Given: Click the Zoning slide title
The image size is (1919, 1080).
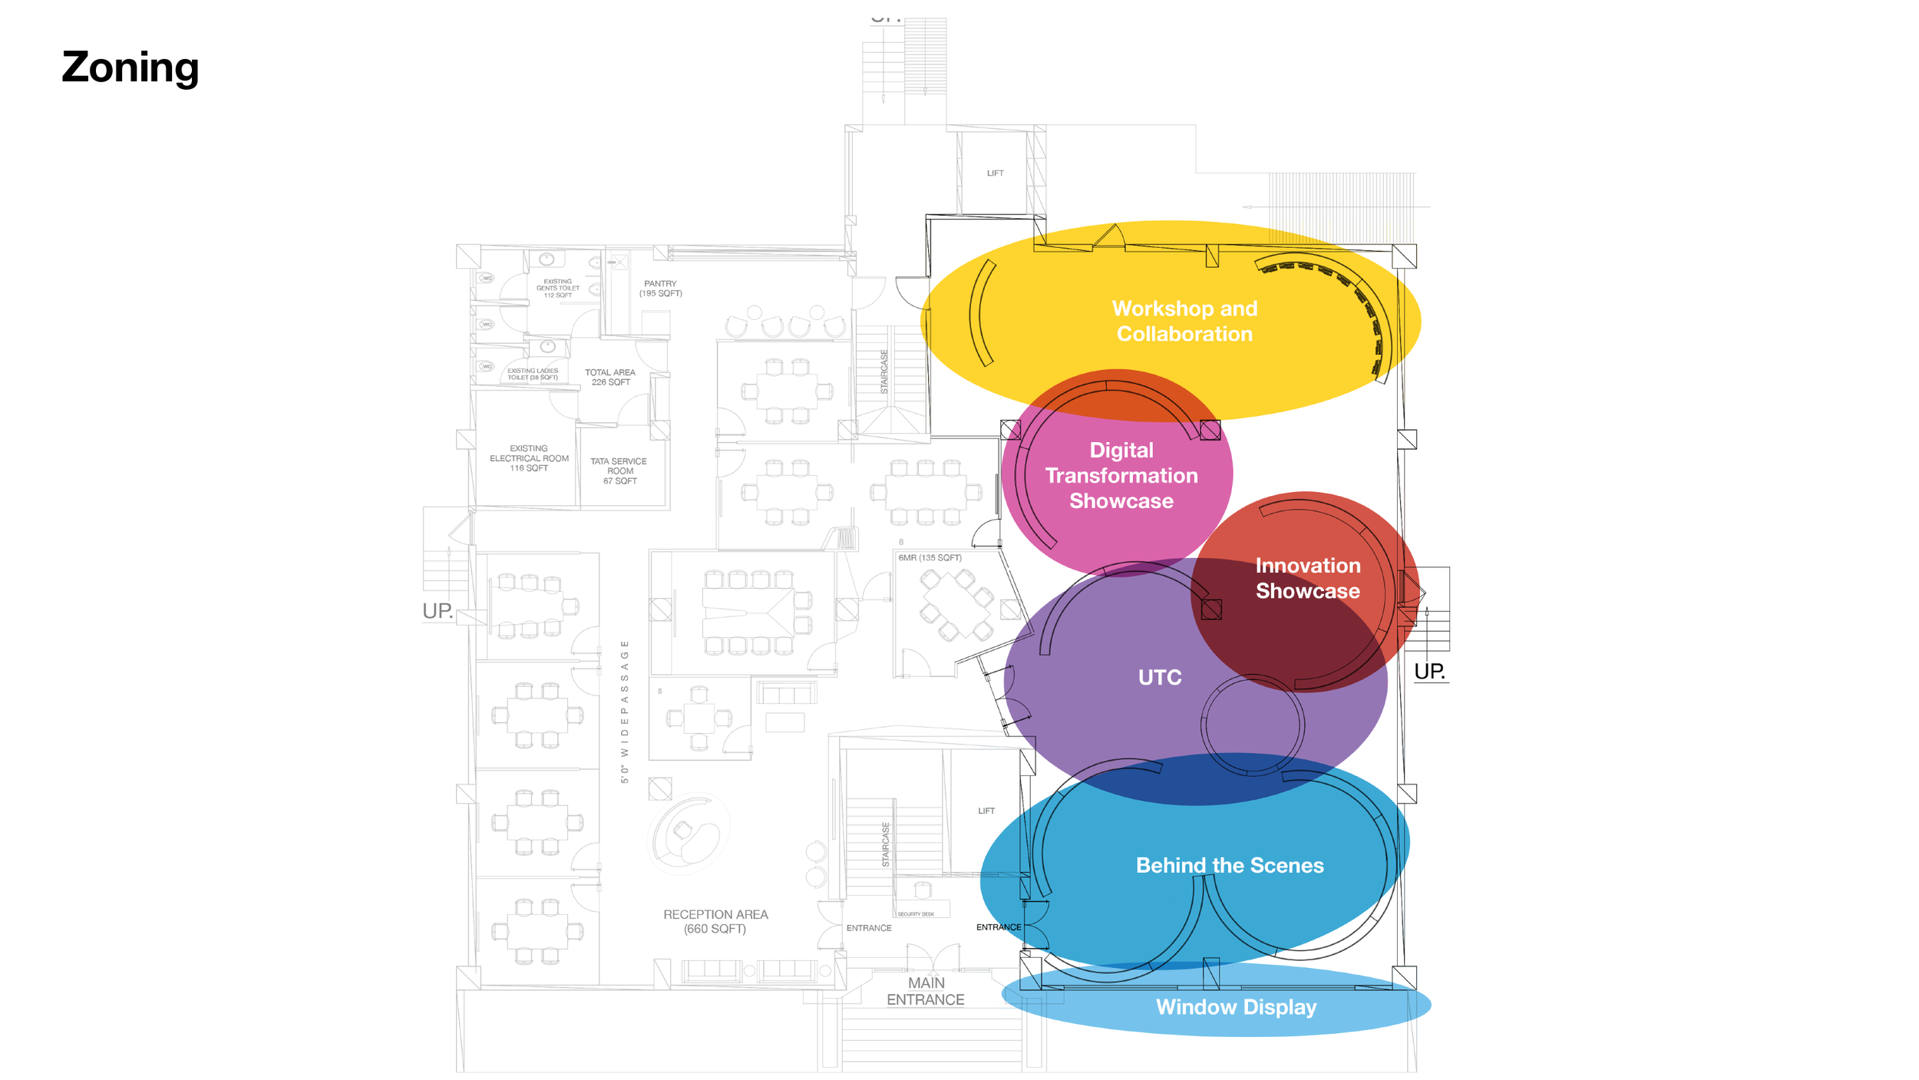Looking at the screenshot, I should coord(130,68).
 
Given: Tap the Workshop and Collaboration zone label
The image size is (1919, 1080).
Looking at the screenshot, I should coord(1184,321).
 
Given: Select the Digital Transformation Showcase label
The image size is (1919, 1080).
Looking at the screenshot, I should coord(1121,475).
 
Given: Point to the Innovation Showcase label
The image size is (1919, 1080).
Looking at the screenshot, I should coord(1307,578).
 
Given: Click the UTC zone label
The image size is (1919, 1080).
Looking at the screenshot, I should coord(1160,677).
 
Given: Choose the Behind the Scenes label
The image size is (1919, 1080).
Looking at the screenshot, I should coord(1230,865).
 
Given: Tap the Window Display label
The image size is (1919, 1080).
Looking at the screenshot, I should coord(1236,1006).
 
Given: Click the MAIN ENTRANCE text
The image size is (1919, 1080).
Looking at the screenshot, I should coord(926,991).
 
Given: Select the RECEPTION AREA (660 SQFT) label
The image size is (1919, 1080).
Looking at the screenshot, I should coord(715,921).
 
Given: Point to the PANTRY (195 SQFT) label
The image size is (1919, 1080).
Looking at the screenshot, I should coord(660,289).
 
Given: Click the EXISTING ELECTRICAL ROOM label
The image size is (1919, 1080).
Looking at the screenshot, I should coord(529,458).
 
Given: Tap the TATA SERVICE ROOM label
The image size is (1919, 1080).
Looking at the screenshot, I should coord(619,471).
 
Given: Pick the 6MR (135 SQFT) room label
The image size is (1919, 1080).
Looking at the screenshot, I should coord(930,558).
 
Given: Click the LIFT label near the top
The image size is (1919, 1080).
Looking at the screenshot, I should coord(995,173).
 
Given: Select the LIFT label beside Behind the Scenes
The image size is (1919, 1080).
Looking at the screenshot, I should coord(986,811).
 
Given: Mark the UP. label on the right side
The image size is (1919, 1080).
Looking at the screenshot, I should coord(1429,672).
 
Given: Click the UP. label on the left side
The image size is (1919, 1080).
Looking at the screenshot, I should coord(438,611).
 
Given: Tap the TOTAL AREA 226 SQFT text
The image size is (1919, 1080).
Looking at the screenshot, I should coord(610,377).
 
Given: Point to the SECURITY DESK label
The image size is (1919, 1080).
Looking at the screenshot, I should coord(916,914).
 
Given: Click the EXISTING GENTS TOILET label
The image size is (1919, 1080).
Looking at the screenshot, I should coord(558,289).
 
